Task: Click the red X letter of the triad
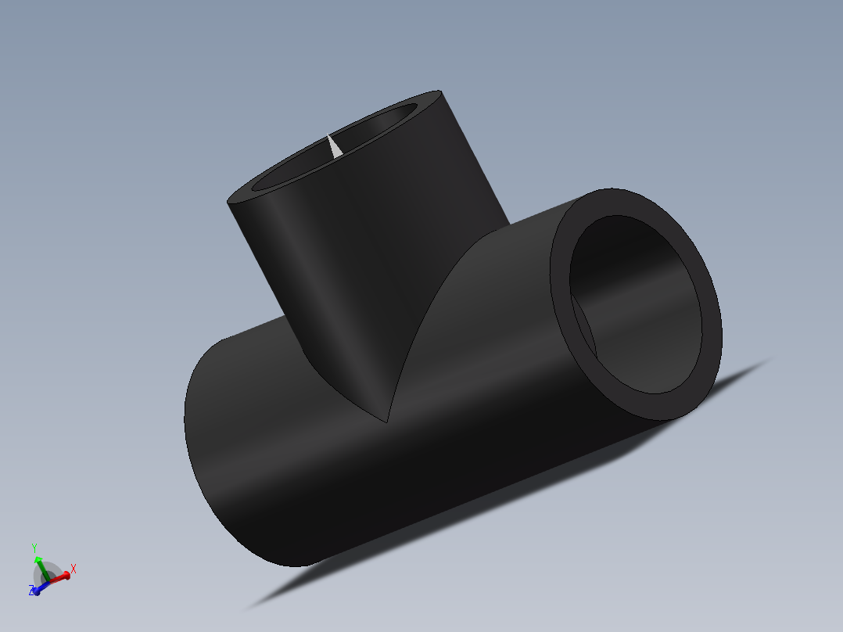tap(74, 569)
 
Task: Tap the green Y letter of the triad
tap(34, 548)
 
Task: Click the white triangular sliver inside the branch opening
tap(333, 146)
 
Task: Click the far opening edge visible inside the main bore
tap(585, 329)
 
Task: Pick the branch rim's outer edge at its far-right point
tap(443, 94)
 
